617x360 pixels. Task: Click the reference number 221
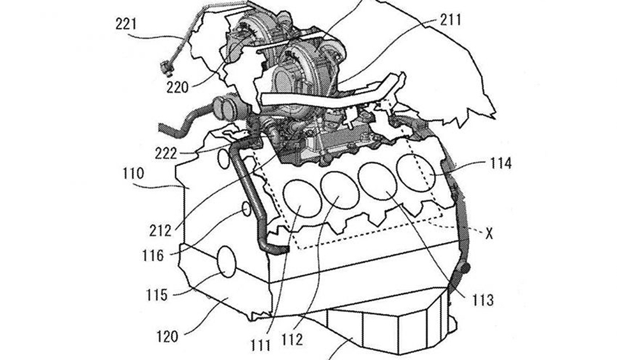[126, 24]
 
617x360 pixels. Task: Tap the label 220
[178, 87]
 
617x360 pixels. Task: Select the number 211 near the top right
[450, 20]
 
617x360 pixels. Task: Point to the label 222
[166, 153]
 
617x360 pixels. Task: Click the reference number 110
[134, 173]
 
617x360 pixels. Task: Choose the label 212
[160, 230]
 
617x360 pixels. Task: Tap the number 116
[153, 255]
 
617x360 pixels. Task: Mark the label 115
[157, 295]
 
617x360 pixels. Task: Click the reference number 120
[167, 337]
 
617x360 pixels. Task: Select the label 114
[501, 163]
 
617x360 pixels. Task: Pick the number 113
[482, 300]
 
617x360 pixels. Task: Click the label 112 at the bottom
[292, 339]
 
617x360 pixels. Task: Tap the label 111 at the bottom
[261, 345]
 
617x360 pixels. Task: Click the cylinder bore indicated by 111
[303, 198]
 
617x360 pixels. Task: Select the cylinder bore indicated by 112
[340, 190]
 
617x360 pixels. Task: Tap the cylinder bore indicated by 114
[416, 172]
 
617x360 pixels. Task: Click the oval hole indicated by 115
[226, 262]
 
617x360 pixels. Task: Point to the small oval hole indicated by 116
[246, 209]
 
